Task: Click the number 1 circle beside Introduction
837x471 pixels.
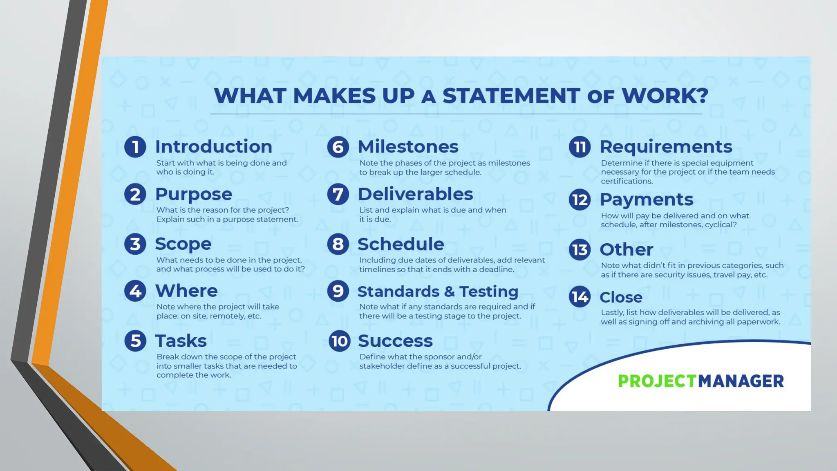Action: coord(135,147)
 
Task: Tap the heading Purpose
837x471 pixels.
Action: coord(193,194)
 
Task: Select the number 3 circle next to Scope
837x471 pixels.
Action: coord(135,244)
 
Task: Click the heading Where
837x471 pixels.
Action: coord(186,291)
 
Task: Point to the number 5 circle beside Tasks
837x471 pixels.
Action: coord(135,341)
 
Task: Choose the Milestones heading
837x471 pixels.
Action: coord(408,147)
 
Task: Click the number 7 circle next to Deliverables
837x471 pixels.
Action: coord(338,194)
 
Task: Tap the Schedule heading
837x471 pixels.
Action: coord(401,244)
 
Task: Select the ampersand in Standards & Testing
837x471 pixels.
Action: coord(449,292)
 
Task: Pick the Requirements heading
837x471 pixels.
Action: coord(666,147)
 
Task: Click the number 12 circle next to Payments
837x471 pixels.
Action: coord(580,200)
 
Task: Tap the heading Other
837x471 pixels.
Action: coord(626,249)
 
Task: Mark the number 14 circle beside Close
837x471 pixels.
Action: coord(580,297)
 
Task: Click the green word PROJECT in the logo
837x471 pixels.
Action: coord(657,381)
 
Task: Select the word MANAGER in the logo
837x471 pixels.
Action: coord(741,381)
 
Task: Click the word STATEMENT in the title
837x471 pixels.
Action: coord(511,96)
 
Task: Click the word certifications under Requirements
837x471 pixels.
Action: coord(627,181)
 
